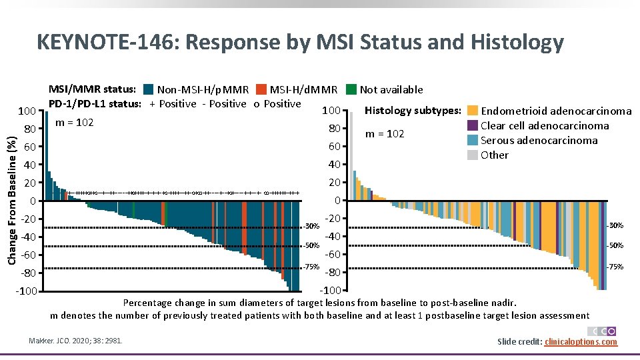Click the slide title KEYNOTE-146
coord(300,43)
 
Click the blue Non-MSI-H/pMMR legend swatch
coord(149,89)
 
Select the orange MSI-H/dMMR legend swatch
coord(261,89)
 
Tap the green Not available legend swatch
coord(351,89)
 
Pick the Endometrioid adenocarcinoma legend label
coord(556,111)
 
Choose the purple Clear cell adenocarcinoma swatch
coord(472,125)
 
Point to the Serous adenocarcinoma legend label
coord(539,140)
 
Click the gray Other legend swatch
coord(472,155)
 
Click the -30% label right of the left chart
coord(311,226)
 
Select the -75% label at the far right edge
coord(615,267)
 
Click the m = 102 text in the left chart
coord(74,123)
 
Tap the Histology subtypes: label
coord(413,110)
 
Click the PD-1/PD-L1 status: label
coord(95,103)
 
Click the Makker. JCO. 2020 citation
coord(76,341)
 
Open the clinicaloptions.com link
coord(581,342)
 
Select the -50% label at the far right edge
coord(615,245)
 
